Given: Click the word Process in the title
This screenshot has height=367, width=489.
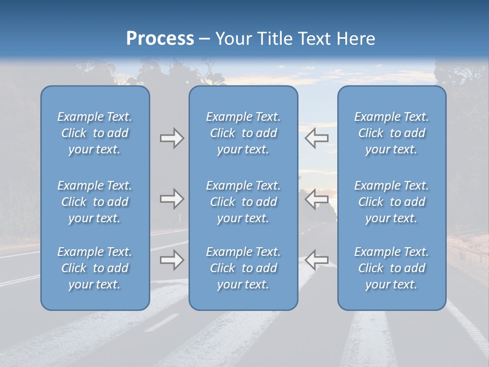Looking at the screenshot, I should point(160,38).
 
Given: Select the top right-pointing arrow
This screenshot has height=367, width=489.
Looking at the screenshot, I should point(172,138).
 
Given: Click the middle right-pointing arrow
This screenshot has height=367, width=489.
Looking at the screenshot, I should point(172,199).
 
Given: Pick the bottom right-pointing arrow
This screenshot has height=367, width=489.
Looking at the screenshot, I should point(172,260).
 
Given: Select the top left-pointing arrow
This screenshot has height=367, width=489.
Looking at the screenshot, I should point(316,138).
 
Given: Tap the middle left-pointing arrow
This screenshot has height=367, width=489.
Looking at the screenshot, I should point(316,199).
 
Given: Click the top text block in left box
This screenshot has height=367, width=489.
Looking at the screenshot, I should point(95,133).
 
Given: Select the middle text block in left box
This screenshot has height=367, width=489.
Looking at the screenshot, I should point(95,202).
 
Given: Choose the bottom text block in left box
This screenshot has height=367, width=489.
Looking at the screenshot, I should point(95,268).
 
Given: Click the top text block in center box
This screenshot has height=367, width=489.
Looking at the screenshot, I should point(243,133).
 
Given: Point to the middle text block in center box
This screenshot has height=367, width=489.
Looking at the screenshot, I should point(243,202).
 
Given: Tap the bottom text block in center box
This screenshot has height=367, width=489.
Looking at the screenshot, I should point(243,268).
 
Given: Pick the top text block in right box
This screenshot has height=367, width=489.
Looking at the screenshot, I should point(391,133).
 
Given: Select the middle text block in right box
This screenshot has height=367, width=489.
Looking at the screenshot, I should point(391,202).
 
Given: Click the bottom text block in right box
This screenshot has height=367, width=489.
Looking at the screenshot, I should point(391,268).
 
